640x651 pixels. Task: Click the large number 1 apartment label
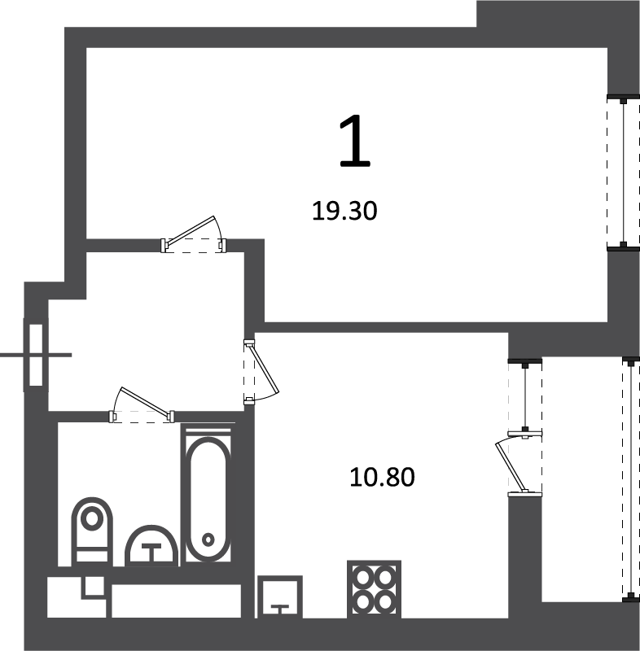pos(354,141)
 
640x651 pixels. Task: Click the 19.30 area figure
pos(344,211)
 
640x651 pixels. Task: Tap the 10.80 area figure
pos(382,477)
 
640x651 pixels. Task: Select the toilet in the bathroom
pos(92,531)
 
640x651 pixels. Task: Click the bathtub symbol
pos(208,499)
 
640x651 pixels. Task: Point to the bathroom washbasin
pos(151,546)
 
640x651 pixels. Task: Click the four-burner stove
pos(375,588)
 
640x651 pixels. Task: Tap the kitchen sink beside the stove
pos(280,596)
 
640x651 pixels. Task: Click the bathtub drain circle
pos(208,540)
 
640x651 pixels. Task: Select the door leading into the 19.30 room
pos(194,235)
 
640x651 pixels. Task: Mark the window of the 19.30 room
pos(623,173)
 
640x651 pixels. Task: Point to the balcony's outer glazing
pos(631,479)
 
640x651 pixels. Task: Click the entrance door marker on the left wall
pos(36,355)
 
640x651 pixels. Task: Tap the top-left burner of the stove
pos(363,577)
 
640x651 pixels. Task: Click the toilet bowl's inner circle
pos(92,518)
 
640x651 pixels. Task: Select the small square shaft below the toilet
pos(93,586)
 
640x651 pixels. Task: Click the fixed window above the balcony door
pos(525,395)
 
